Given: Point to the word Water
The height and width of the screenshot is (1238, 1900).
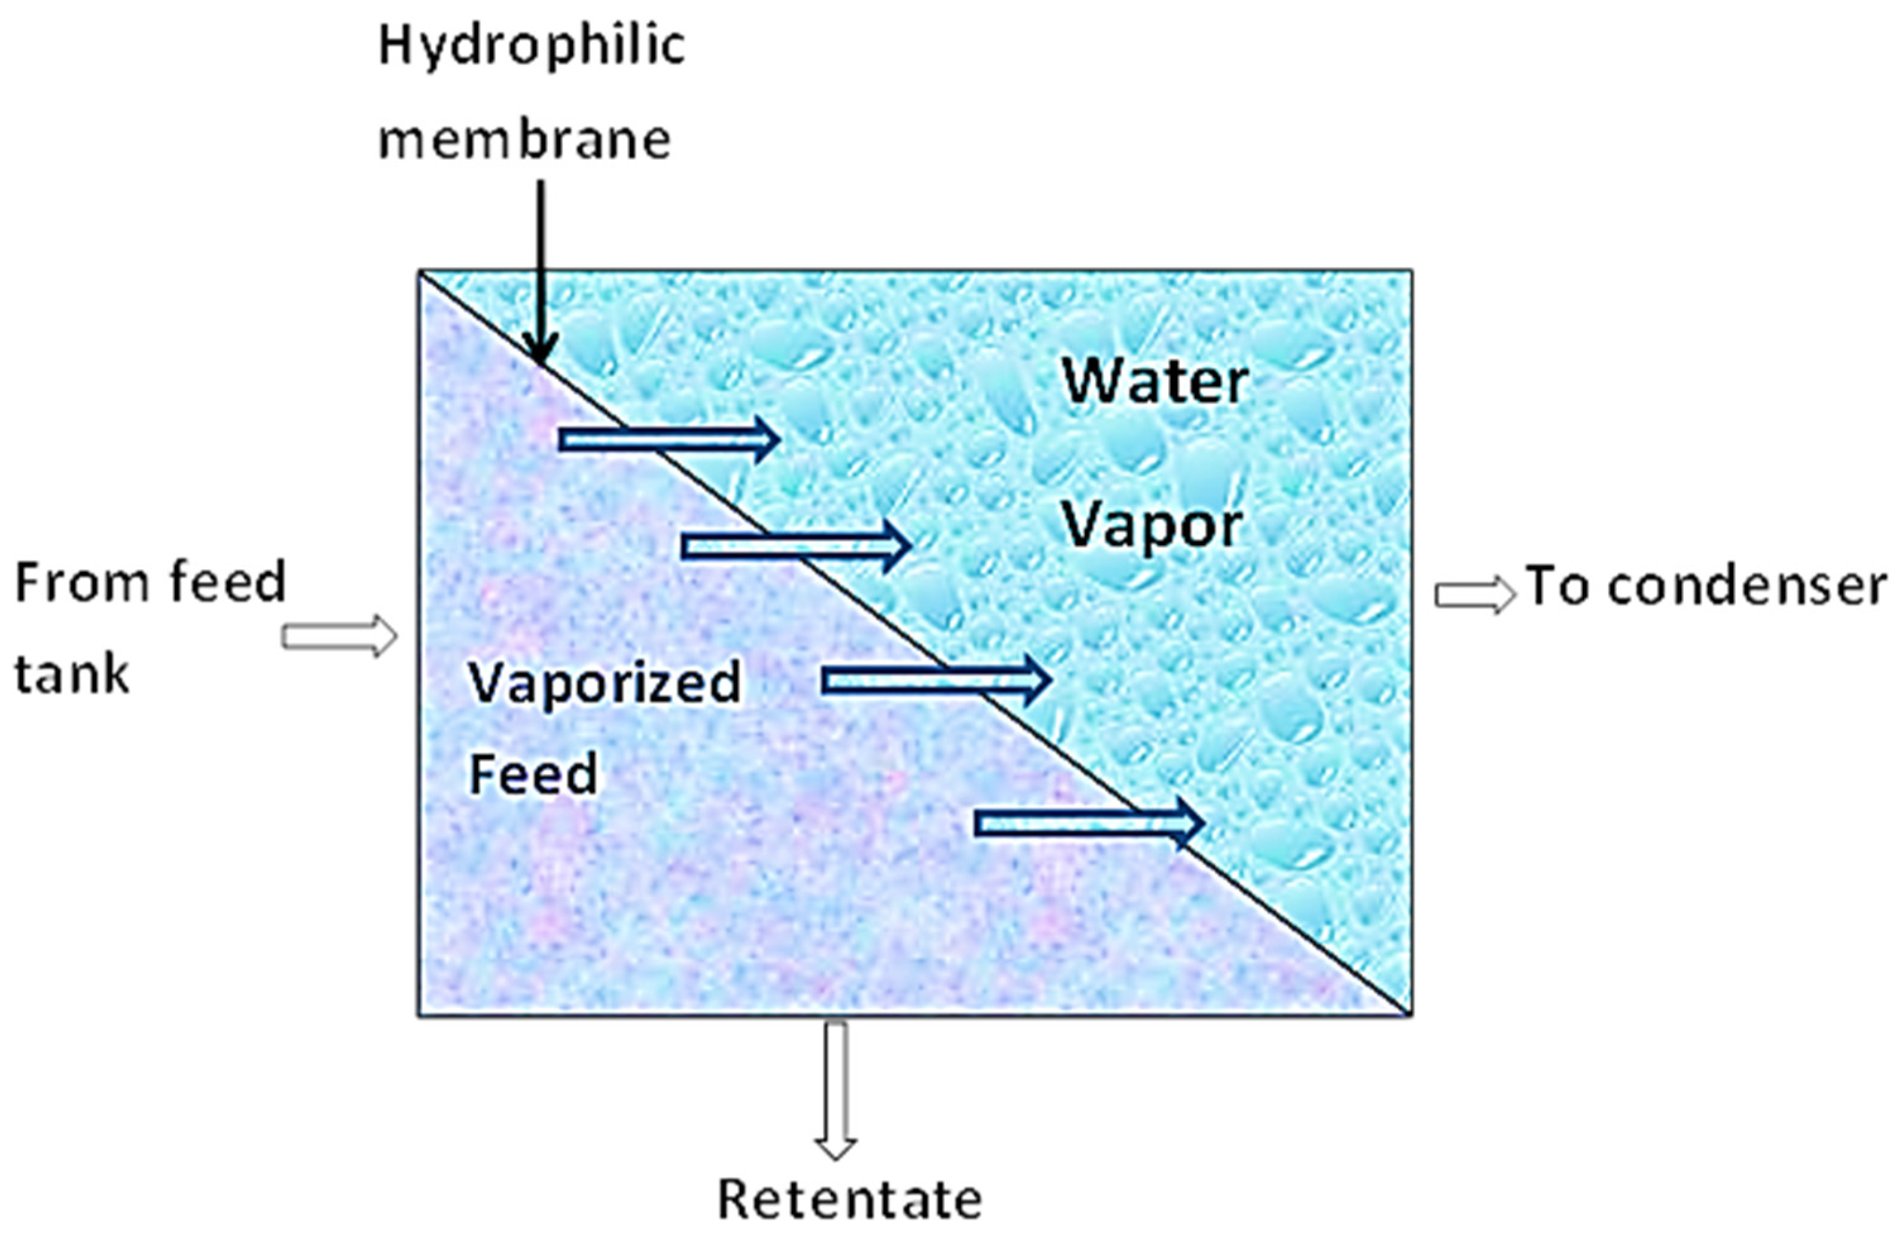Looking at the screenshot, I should (1154, 382).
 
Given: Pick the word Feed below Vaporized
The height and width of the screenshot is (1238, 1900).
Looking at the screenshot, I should (533, 774).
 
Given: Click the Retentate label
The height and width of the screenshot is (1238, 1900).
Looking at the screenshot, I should (849, 1199).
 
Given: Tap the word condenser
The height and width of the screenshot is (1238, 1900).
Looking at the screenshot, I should (1746, 587).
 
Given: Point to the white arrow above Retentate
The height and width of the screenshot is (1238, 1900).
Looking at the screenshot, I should (836, 1090).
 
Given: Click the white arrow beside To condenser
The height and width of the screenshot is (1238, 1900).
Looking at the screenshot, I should (1473, 594).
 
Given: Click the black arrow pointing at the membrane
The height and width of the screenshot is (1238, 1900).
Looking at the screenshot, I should (542, 272).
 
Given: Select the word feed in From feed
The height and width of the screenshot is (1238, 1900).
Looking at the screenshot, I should (227, 583).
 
